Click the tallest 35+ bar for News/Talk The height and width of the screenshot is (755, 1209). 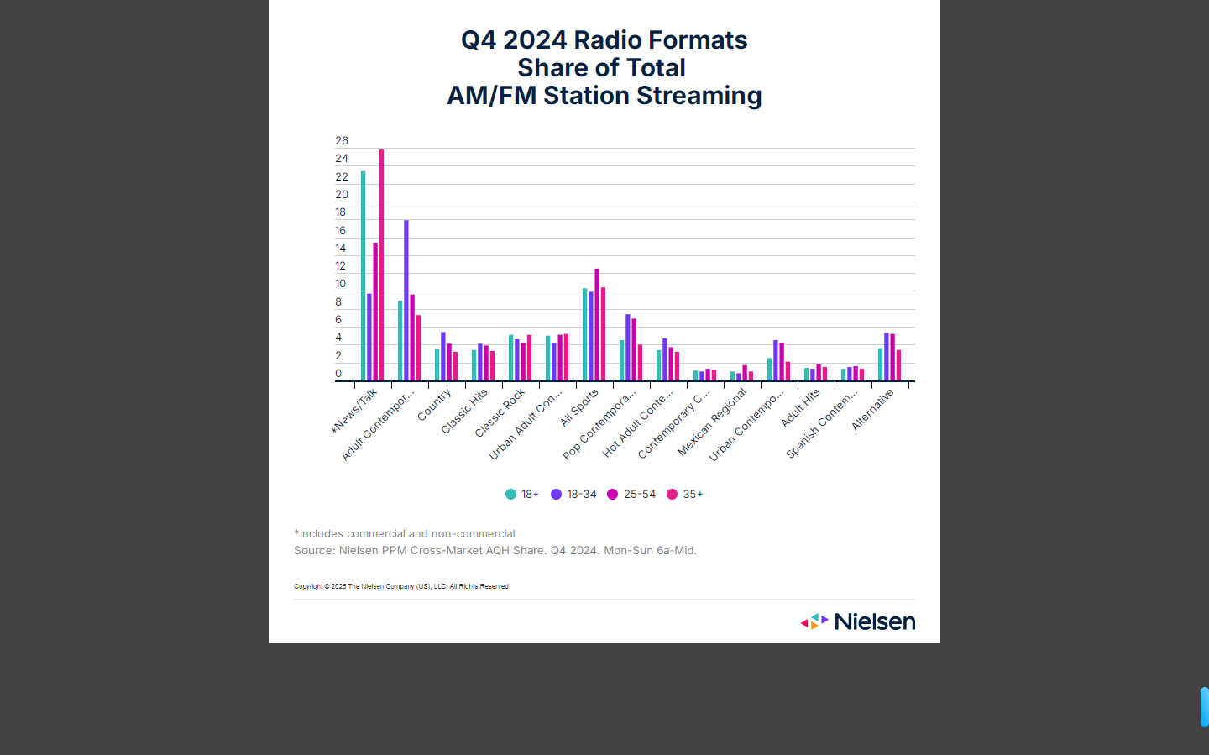(382, 265)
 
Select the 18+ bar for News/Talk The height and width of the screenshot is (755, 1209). (364, 276)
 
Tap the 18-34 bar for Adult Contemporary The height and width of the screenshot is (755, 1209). (406, 301)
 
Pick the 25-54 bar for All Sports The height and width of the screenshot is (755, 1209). (597, 325)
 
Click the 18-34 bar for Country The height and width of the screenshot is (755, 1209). (443, 357)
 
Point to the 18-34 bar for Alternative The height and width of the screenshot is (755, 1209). (887, 357)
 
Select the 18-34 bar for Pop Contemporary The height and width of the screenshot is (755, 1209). (628, 348)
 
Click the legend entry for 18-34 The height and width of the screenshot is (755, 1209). (574, 495)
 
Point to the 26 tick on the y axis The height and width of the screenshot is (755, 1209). (342, 141)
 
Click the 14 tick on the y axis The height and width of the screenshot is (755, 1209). (341, 248)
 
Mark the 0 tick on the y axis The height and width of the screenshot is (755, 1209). (339, 374)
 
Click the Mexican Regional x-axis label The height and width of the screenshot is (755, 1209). (712, 422)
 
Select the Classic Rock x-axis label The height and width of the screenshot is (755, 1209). (500, 412)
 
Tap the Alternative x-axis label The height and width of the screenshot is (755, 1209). (873, 409)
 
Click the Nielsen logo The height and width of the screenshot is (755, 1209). (858, 621)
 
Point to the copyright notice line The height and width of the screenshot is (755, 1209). (402, 586)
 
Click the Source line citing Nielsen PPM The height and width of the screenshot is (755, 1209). (495, 551)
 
